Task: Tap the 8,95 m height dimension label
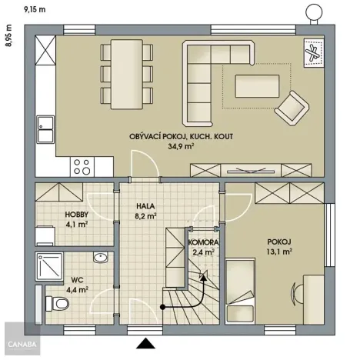(9, 36)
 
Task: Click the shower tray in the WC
(48, 266)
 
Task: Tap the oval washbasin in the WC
(99, 257)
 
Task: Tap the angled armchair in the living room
(292, 107)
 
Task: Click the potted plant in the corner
(314, 54)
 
